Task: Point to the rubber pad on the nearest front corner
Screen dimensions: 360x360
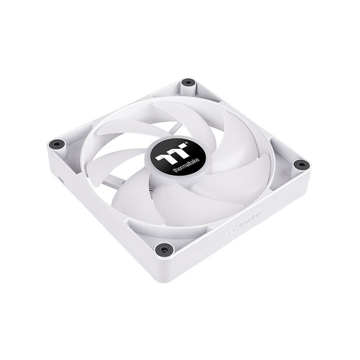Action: (x=163, y=247)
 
